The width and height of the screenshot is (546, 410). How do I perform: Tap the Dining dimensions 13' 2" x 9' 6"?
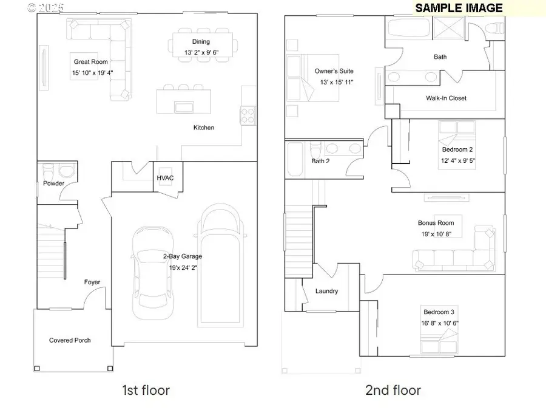click(201, 53)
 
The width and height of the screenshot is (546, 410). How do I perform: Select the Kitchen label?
click(203, 128)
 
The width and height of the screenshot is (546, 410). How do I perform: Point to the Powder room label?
click(53, 183)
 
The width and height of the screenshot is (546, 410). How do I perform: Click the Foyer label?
click(92, 282)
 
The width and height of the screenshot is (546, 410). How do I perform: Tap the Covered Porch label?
click(70, 340)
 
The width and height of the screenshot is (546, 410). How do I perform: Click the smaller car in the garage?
click(153, 272)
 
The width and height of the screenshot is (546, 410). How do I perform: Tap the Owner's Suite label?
click(334, 71)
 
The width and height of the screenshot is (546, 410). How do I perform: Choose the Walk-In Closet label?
click(447, 98)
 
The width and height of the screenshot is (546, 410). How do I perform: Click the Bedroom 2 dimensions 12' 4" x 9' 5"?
click(458, 161)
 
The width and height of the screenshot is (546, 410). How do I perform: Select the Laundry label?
click(326, 291)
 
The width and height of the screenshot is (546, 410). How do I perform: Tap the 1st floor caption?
click(146, 389)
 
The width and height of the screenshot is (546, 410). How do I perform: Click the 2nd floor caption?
click(393, 389)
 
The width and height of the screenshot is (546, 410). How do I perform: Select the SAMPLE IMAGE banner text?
click(459, 8)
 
